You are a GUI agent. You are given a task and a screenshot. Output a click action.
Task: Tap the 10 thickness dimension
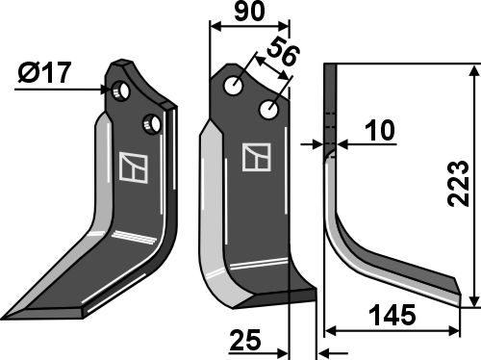pos(381,131)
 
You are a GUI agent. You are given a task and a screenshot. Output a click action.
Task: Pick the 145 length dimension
pos(395,316)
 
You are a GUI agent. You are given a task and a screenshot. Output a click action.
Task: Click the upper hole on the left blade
pos(120,90)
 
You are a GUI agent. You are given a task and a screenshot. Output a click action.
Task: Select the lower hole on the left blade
pos(150,123)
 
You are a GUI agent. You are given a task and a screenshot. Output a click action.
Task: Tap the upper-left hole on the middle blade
pos(235,86)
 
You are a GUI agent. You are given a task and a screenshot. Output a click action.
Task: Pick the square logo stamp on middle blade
pos(257,157)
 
